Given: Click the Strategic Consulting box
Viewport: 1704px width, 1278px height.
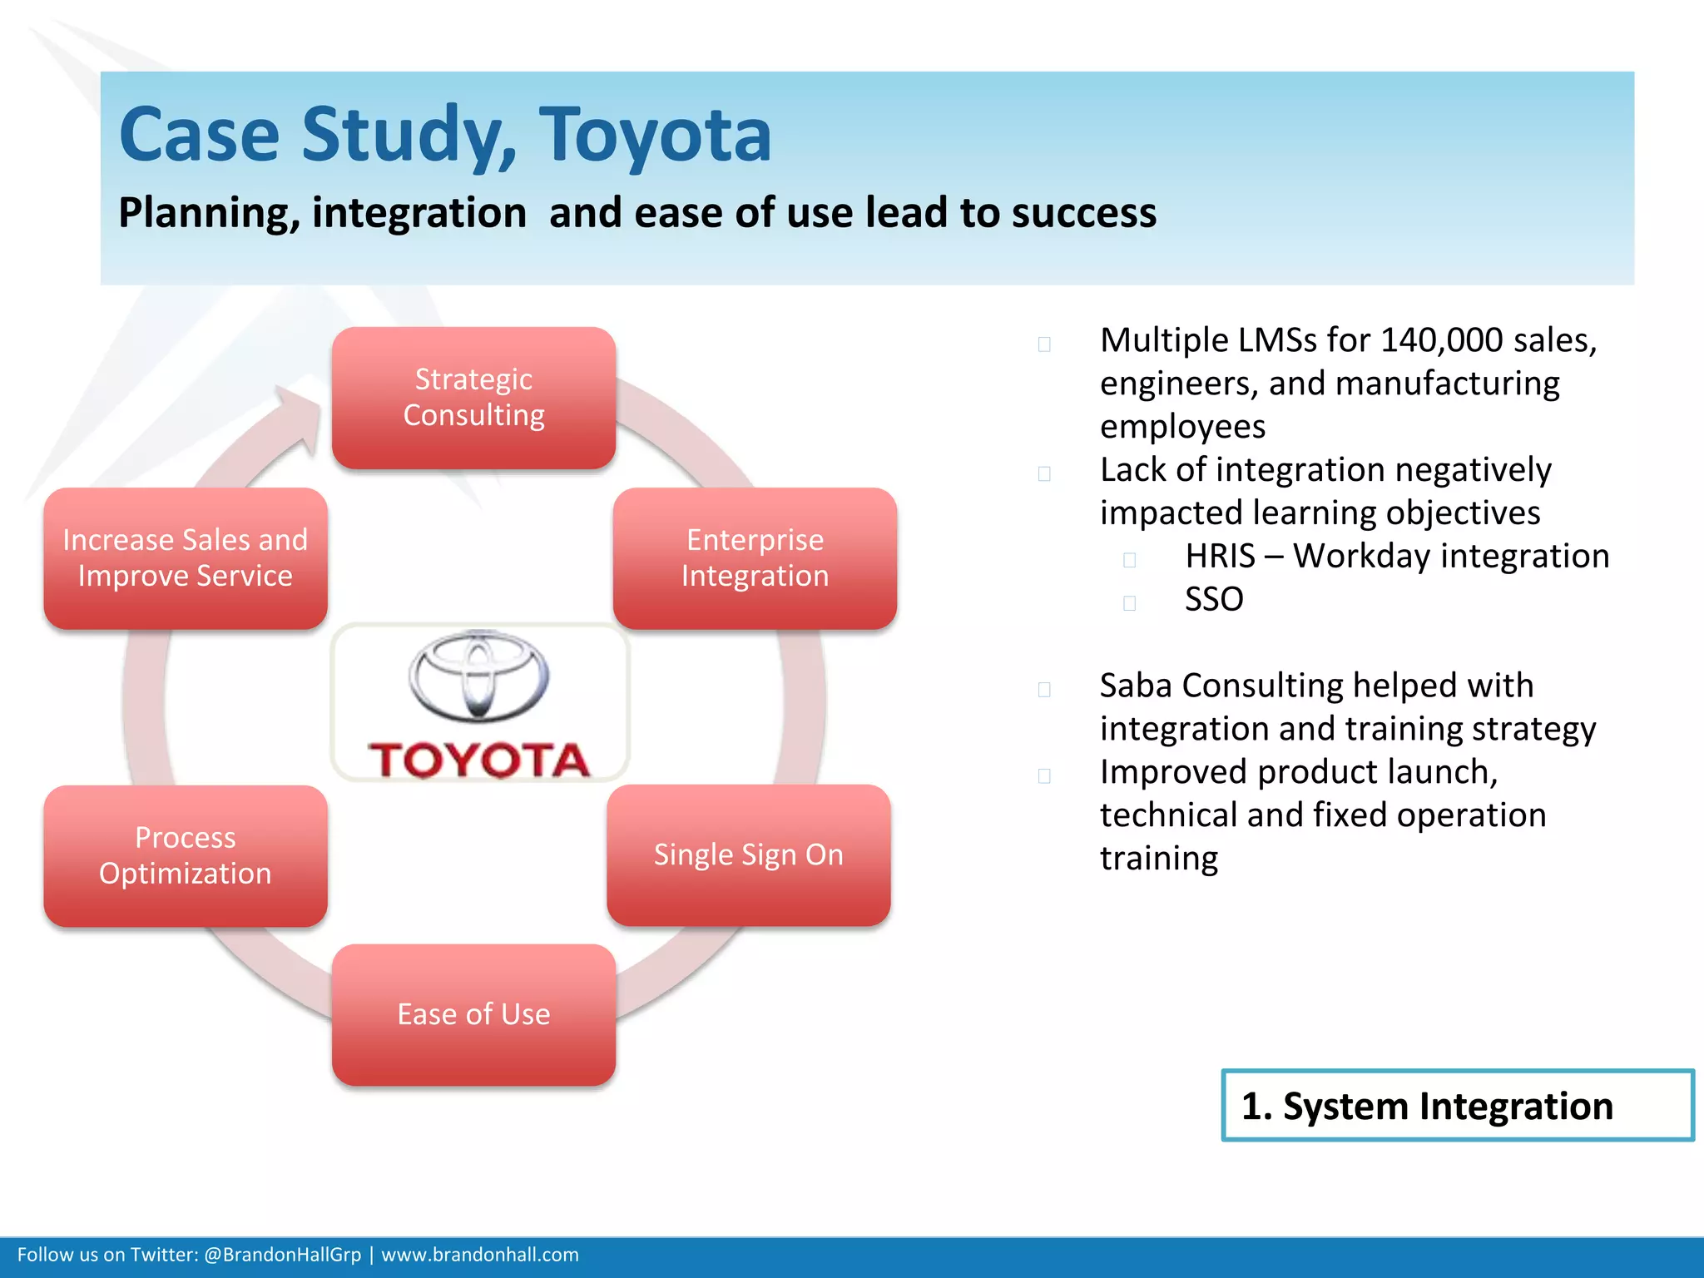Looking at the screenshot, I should point(473,398).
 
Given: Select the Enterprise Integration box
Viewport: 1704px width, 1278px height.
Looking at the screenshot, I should point(755,558).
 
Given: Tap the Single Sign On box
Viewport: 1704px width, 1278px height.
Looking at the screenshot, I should point(748,855).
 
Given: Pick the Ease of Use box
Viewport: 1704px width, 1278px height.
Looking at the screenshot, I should point(473,1014).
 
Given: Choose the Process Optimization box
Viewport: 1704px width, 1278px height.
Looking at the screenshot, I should point(185,856).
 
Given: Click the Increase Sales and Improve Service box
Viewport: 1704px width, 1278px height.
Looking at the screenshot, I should point(185,558).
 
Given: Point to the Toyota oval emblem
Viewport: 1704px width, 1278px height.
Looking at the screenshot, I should point(478,675).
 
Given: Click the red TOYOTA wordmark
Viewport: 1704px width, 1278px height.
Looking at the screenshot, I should point(478,760).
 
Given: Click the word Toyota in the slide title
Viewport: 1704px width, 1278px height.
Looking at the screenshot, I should point(655,135).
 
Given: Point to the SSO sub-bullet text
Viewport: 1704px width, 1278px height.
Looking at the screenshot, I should point(1213,600).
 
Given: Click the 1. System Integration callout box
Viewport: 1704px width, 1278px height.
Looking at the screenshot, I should point(1457,1106).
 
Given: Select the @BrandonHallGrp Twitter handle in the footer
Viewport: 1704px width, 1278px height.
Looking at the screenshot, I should point(282,1255).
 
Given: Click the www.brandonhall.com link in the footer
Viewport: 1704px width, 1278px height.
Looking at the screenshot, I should point(479,1255).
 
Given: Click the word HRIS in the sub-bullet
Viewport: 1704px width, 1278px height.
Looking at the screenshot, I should point(1219,557).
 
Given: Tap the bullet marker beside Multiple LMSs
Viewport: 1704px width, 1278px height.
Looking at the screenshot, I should point(1044,344).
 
